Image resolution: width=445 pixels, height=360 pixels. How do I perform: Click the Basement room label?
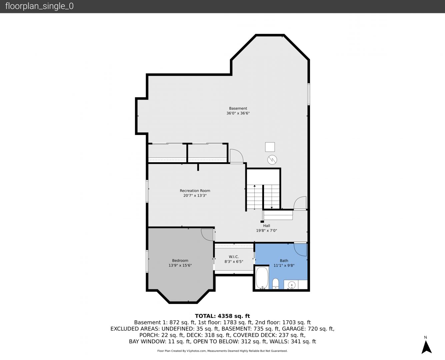pos(238,108)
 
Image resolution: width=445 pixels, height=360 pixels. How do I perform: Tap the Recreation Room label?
pos(195,191)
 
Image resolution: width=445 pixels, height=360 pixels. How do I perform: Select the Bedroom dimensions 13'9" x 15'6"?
pos(180,265)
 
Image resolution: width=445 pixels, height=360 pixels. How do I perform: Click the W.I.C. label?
pos(234,257)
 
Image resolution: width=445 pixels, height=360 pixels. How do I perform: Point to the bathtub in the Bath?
pos(262,278)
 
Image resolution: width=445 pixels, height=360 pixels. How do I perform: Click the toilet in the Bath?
pos(276,284)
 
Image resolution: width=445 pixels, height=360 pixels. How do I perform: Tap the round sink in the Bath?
pos(291,285)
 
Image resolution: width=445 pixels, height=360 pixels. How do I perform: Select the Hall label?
pos(267,226)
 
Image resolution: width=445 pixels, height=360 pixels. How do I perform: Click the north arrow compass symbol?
pos(426,347)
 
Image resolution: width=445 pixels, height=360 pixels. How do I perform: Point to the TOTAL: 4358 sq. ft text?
pos(222,316)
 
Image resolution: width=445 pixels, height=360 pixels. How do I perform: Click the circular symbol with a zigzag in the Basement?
pos(272,160)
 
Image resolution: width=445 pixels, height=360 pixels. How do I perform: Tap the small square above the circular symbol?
pos(270,147)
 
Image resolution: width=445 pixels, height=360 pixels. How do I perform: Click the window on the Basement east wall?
pos(309,94)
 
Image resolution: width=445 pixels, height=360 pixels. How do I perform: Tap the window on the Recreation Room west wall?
pos(147,191)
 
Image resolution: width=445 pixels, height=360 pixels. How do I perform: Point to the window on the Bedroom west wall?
pos(147,261)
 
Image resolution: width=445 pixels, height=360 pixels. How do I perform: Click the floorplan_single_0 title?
pos(39,6)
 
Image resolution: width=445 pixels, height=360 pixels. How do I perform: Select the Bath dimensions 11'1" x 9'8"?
pos(284,265)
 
